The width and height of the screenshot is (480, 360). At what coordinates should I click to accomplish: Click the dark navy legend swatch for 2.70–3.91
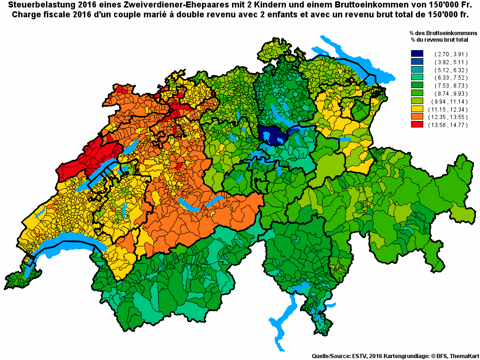(x=417, y=54)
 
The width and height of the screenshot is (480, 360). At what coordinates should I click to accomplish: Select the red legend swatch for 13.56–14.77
(x=417, y=125)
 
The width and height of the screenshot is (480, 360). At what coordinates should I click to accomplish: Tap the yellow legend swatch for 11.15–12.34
(x=417, y=109)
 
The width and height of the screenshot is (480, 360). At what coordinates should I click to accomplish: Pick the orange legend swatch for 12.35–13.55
(x=417, y=117)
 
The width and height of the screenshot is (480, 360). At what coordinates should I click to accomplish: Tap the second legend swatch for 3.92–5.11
(x=417, y=62)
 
